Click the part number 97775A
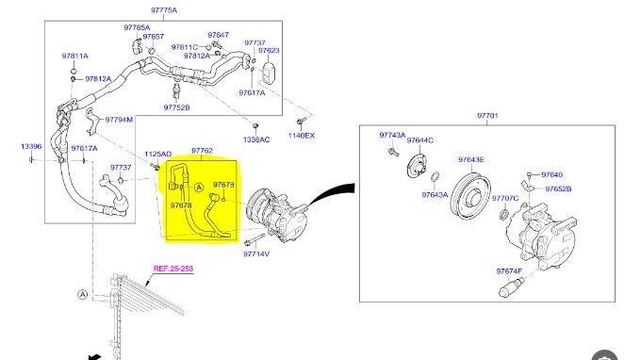(164, 10)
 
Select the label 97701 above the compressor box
(487, 115)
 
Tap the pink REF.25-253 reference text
(173, 269)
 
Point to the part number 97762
(202, 151)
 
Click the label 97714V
(256, 254)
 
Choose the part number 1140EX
(302, 136)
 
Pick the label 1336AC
(256, 139)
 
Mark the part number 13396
(31, 146)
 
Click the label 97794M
(119, 120)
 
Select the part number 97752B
(176, 107)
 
